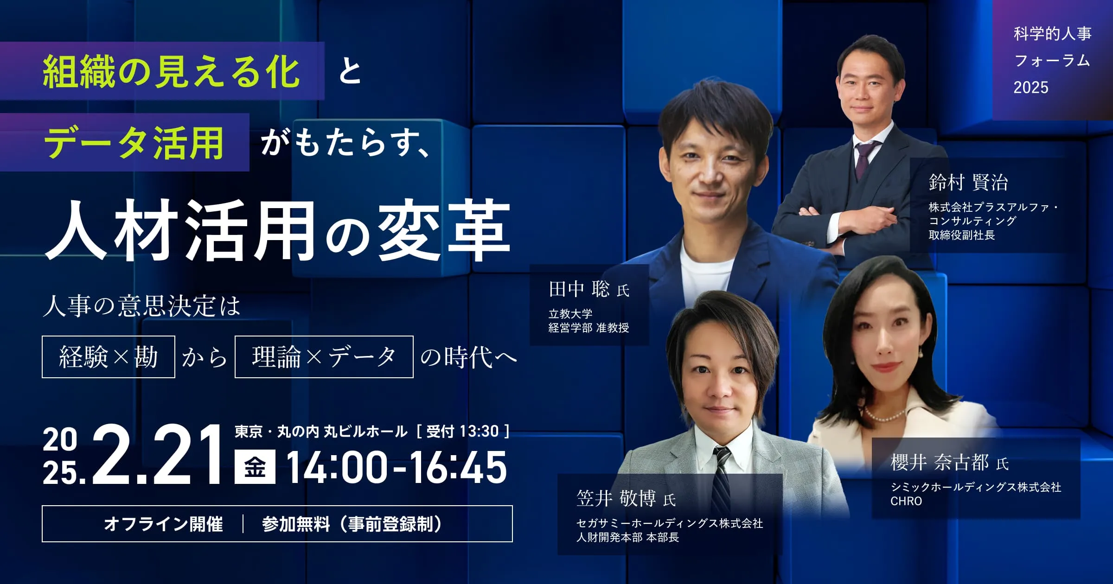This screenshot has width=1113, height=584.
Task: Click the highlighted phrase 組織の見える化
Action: (x=171, y=72)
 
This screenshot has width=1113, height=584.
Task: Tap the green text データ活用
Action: (x=134, y=143)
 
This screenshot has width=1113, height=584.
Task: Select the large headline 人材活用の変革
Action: (x=277, y=230)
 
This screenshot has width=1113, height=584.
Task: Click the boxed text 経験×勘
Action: (x=109, y=357)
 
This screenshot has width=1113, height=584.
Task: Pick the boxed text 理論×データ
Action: (x=324, y=357)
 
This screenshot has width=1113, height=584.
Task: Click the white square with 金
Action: (x=255, y=467)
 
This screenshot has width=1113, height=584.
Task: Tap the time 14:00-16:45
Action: (x=397, y=467)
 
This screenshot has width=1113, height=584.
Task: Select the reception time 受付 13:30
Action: (x=462, y=432)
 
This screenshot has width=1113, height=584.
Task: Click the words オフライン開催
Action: (x=163, y=524)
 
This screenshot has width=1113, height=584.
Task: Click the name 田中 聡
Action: (x=579, y=289)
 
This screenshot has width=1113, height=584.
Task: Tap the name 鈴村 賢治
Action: (x=968, y=182)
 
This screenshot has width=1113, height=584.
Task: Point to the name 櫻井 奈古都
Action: (x=940, y=462)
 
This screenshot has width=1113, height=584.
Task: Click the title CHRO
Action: (x=906, y=501)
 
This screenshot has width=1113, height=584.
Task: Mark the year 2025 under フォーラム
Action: (x=1031, y=87)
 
